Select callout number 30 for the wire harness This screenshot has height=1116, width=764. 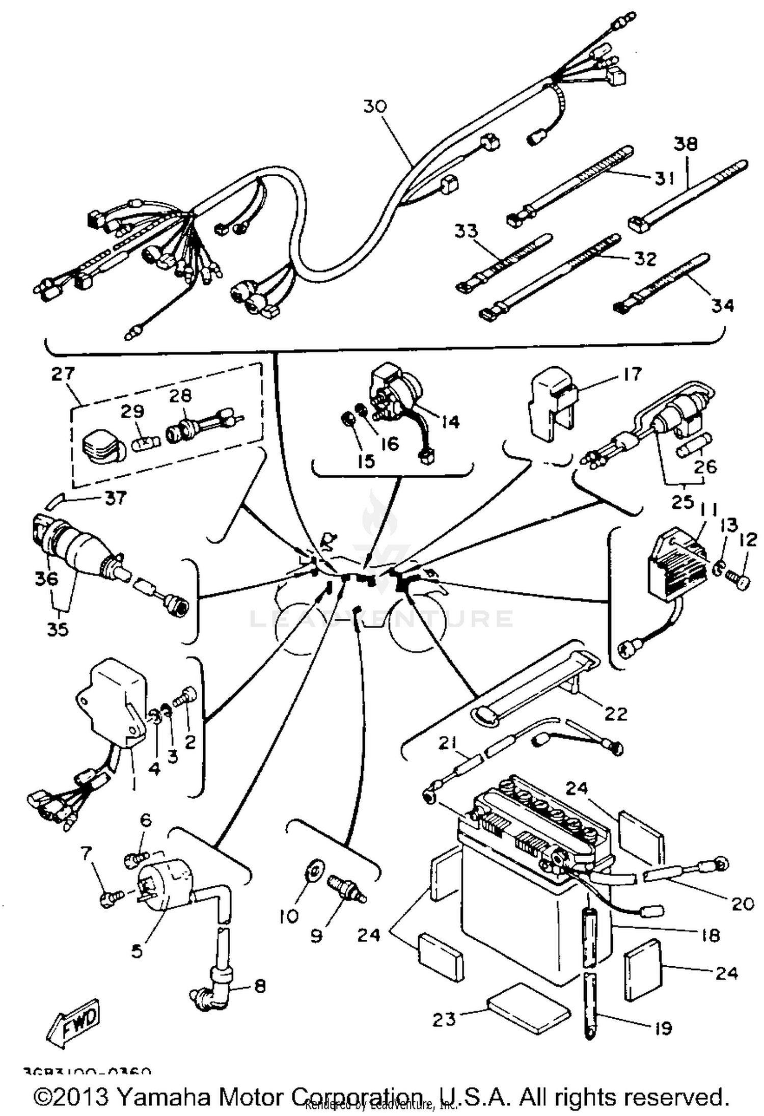[375, 106]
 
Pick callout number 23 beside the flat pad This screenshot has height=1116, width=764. [444, 1019]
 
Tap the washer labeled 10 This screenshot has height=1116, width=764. [312, 869]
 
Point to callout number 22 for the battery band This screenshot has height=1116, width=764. [615, 713]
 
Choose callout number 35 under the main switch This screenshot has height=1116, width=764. [58, 630]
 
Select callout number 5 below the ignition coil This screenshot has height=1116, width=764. [137, 950]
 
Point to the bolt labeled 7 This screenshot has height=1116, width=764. [111, 899]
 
